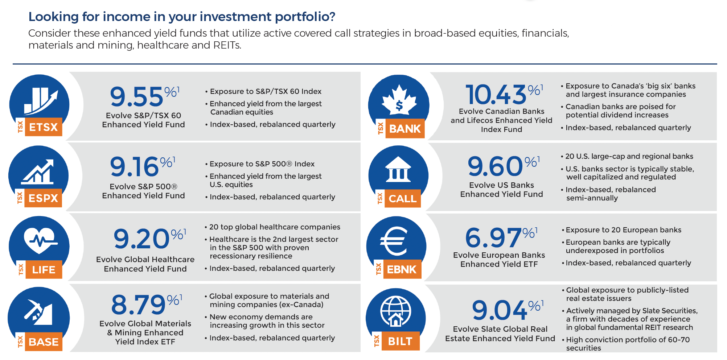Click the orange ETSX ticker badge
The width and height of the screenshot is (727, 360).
click(43, 127)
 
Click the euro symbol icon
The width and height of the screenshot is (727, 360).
click(394, 241)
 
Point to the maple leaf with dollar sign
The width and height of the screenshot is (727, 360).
click(399, 101)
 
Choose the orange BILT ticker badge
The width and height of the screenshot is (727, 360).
click(400, 341)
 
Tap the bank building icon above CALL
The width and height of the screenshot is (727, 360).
click(398, 169)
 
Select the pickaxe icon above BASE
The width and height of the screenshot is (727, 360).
click(38, 312)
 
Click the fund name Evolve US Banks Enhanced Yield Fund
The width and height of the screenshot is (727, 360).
click(501, 190)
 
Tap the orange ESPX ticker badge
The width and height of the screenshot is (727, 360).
click(43, 198)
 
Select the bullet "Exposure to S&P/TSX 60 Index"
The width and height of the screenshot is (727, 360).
click(265, 91)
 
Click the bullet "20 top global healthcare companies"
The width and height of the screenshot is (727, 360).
click(274, 227)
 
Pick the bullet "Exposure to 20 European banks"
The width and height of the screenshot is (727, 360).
click(623, 230)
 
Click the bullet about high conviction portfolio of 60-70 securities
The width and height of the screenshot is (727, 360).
click(628, 344)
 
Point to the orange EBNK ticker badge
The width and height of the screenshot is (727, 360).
click(402, 269)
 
